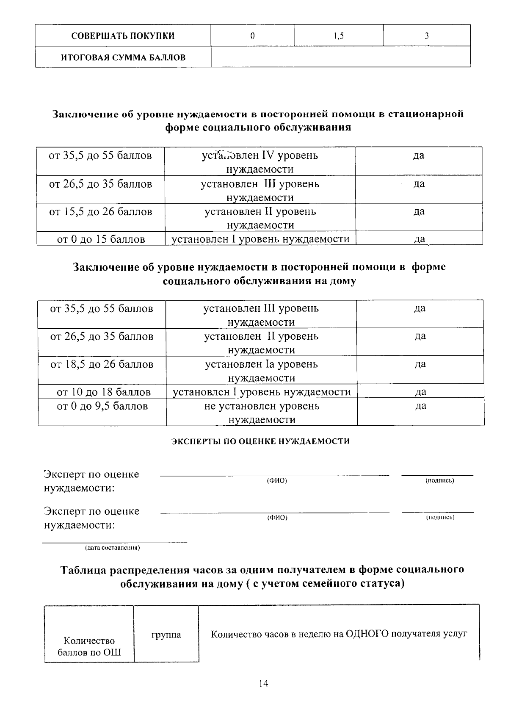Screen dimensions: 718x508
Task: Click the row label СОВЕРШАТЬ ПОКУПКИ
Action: [123, 36]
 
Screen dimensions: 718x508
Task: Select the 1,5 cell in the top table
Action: [338, 36]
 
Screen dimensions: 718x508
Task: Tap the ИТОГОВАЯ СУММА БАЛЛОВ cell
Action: [123, 57]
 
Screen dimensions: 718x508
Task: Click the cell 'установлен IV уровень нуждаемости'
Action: [260, 162]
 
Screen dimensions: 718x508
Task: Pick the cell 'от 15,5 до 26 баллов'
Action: [101, 212]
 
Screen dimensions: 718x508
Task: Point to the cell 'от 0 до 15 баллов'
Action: [101, 239]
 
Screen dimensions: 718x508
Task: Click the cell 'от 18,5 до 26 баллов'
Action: [102, 364]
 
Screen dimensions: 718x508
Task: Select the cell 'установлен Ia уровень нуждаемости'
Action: [261, 371]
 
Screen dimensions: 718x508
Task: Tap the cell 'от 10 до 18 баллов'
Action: [104, 392]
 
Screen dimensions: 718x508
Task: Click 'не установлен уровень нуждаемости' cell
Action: [262, 413]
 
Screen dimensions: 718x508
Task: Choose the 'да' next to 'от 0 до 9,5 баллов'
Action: [420, 406]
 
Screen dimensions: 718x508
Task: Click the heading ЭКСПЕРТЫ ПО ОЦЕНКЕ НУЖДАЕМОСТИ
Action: [260, 441]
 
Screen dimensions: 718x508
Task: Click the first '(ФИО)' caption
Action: [277, 481]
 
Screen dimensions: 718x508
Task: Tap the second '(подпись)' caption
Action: [440, 517]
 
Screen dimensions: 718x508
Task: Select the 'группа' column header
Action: [166, 635]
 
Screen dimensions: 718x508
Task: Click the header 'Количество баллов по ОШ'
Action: [89, 646]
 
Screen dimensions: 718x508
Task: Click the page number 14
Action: [263, 683]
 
